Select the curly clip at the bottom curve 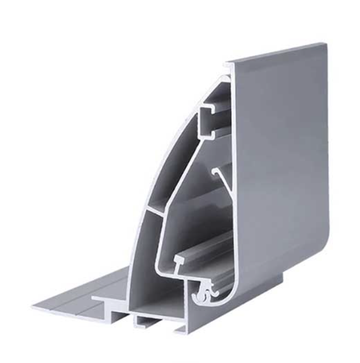pyautogui.click(x=203, y=293)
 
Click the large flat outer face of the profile pyautogui.click(x=277, y=158)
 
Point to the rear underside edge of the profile pyautogui.click(x=255, y=288)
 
